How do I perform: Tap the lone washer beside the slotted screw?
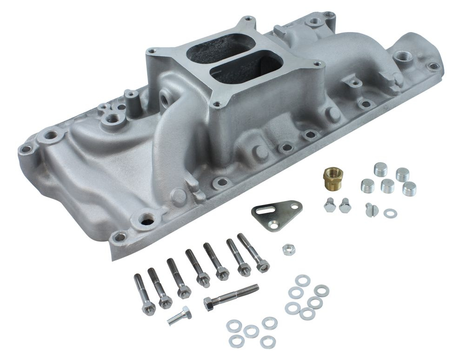[390, 213]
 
